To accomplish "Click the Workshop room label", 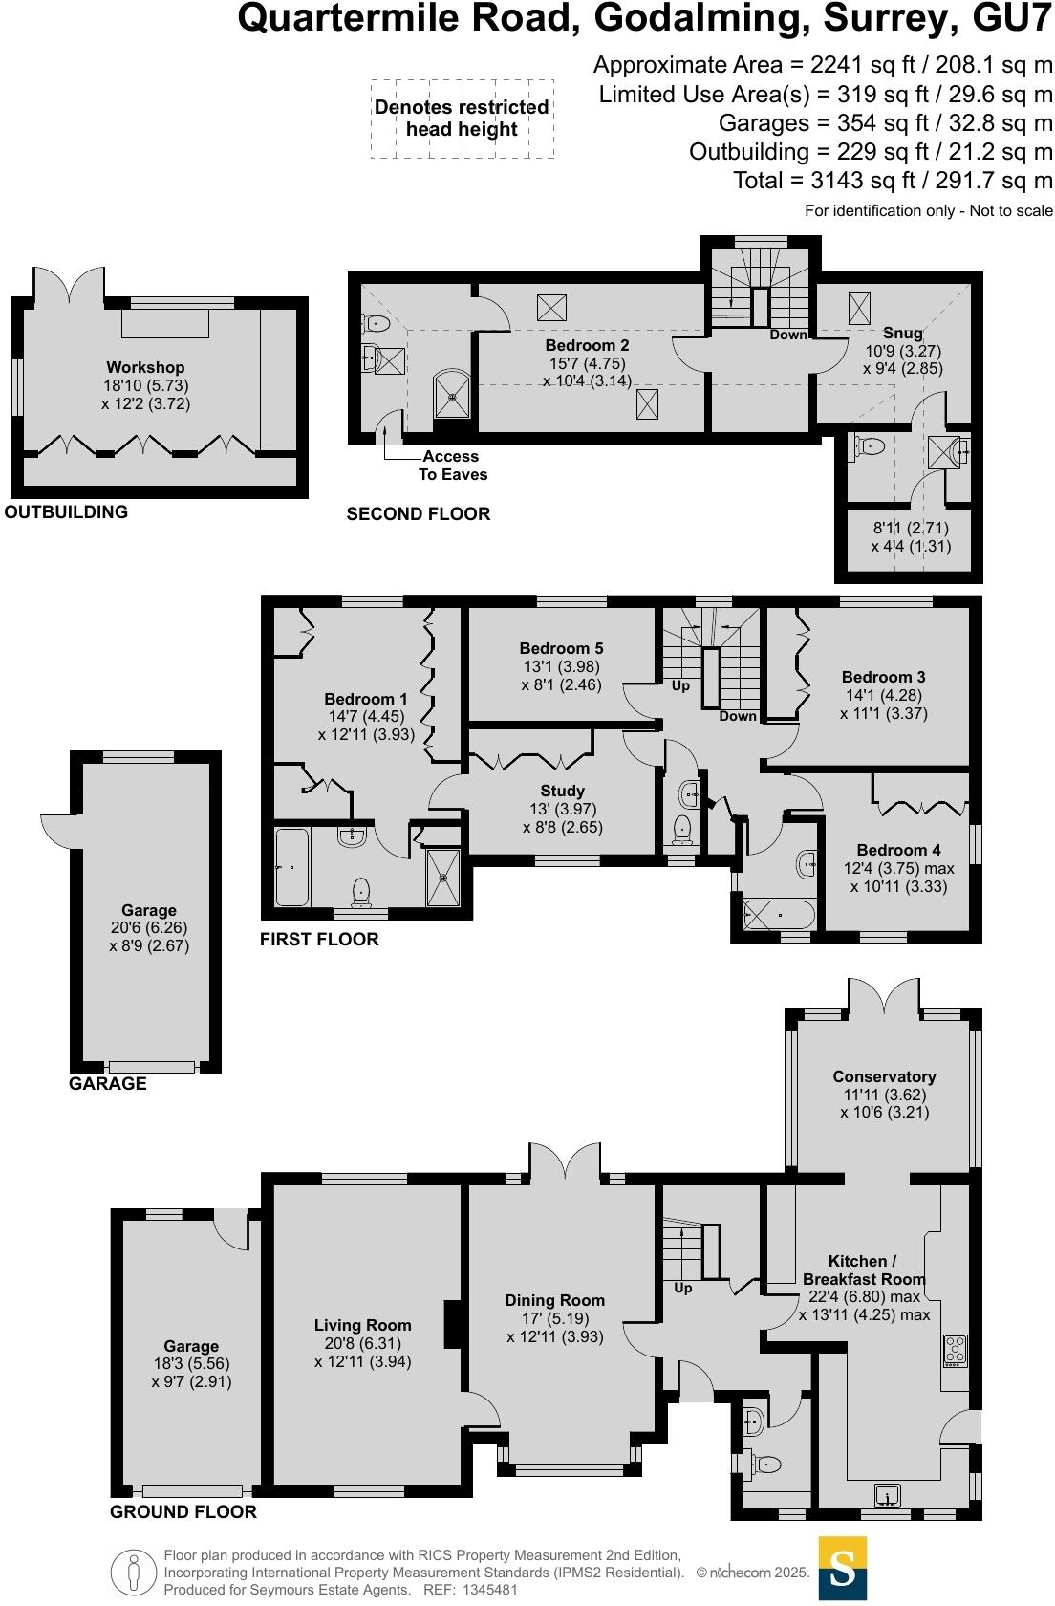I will [145, 367].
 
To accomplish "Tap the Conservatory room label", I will [884, 1076].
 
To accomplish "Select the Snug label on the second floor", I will [902, 333].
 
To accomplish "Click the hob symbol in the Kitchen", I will [955, 1349].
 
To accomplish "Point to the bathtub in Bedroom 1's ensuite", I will [292, 867].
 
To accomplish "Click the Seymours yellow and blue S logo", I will [843, 1568].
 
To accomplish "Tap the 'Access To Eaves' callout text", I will [452, 466].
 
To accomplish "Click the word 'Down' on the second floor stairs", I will [788, 335].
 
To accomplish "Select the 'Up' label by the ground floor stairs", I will [682, 1288].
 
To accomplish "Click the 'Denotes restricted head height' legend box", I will [462, 119].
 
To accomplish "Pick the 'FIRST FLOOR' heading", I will [319, 939].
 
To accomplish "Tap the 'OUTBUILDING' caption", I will [66, 511].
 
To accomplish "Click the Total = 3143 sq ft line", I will [893, 181].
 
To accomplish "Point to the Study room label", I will [562, 791].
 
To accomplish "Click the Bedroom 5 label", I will [561, 648].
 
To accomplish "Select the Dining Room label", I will [554, 1300].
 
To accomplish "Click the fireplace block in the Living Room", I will [454, 1324].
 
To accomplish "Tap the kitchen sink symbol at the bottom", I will [889, 1496].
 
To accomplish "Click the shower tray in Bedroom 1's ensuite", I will [442, 877].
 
